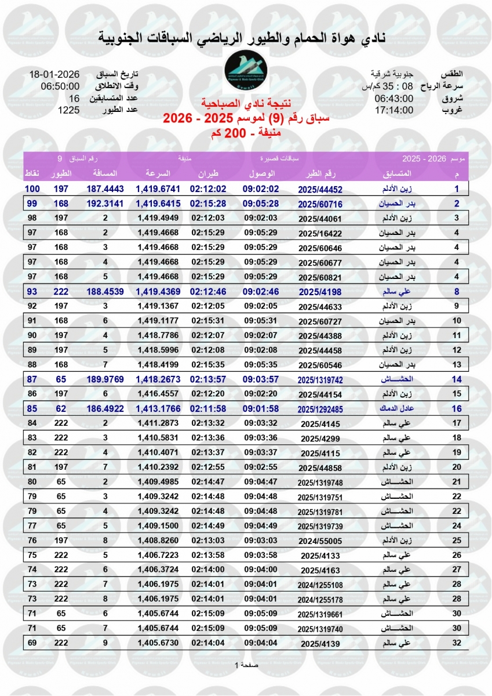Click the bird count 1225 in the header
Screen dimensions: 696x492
pyautogui.click(x=68, y=109)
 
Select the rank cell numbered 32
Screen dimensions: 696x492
pyautogui.click(x=457, y=643)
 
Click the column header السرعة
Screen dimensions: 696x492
pyautogui.click(x=158, y=173)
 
